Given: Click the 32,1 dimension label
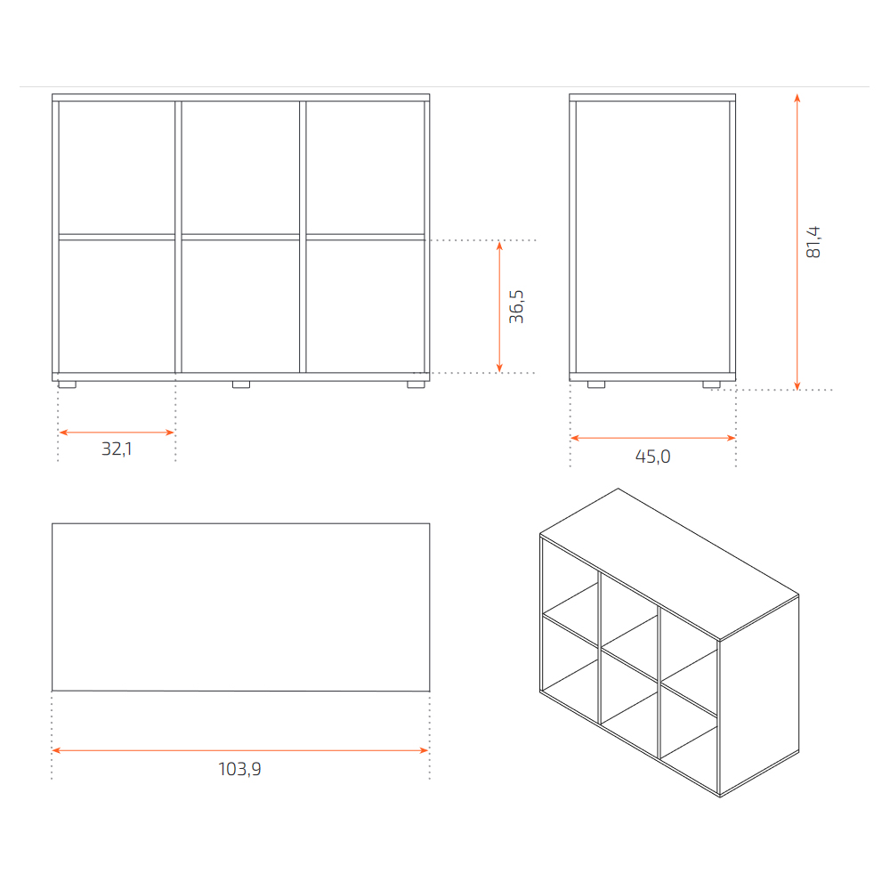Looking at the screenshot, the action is point(117,449).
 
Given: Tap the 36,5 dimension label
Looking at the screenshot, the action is point(516,306).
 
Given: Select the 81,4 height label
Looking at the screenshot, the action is point(813,242).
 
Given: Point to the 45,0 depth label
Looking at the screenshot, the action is point(652,457).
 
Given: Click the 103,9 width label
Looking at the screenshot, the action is point(239,769).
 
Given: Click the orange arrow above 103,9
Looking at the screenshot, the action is point(240,750).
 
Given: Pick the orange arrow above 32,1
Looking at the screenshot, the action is point(117,433).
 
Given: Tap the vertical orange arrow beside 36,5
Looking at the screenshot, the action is point(499,306).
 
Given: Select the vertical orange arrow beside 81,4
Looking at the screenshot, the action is point(797,242).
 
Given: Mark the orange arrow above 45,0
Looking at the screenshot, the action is point(652,438).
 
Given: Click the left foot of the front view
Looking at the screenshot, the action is point(67,384).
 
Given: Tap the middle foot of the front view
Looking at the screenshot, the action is point(241,384).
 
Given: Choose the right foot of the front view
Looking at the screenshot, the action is point(416,384).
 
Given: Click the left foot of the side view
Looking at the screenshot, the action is point(596,384).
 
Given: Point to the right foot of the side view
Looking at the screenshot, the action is point(711,384).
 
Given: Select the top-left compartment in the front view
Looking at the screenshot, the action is point(117,167).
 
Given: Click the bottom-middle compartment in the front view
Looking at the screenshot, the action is point(240,306).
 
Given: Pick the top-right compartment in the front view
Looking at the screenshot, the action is point(366,167).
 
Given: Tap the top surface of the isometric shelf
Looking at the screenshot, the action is point(669,564).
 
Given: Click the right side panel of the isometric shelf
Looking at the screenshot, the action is point(759,696).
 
